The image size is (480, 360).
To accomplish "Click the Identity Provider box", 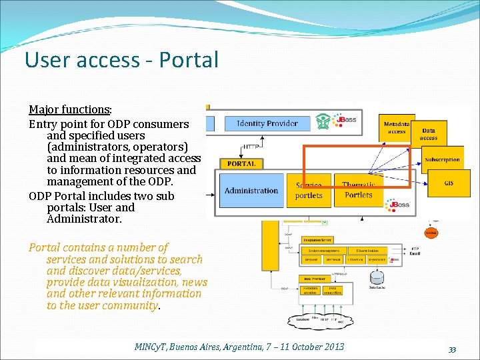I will click(x=267, y=123).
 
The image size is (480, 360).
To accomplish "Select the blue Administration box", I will click(x=251, y=191).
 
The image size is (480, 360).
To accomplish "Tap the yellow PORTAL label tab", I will click(x=241, y=163).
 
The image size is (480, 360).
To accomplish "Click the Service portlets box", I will click(x=309, y=191).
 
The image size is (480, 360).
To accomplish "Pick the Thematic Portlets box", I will click(x=359, y=191).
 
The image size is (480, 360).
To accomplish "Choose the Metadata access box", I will click(x=396, y=127).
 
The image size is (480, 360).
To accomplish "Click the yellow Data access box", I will click(x=429, y=135).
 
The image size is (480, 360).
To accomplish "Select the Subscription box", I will click(x=442, y=160).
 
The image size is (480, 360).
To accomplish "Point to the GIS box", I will click(x=449, y=183).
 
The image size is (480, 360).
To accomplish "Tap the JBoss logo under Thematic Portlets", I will click(x=399, y=205).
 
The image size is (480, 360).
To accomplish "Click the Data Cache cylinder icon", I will click(x=377, y=277).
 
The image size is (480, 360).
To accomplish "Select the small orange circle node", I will click(x=431, y=233).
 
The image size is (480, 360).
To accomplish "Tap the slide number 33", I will click(x=452, y=350).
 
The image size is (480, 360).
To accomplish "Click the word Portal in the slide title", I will click(x=189, y=60).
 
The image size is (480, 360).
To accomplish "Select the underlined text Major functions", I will click(x=69, y=109).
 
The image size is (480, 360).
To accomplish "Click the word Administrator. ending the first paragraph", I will click(x=84, y=219).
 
